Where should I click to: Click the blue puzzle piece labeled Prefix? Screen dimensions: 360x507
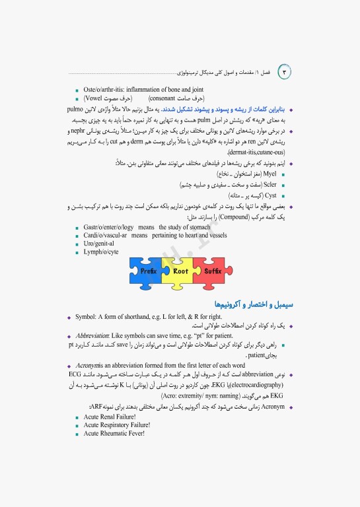149,270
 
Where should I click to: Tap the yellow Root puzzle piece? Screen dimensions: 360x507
180,271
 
